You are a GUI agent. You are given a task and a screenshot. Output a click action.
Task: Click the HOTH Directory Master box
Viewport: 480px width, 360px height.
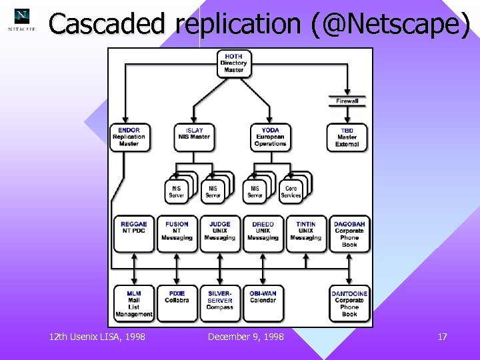(234, 63)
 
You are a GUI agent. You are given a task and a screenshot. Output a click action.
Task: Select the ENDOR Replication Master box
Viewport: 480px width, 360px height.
(129, 137)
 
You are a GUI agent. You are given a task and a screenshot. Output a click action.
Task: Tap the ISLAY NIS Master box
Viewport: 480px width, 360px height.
(194, 137)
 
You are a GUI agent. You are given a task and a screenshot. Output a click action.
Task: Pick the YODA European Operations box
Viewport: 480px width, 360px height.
(270, 137)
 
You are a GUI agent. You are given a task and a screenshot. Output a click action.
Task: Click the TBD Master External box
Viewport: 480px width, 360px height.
(347, 137)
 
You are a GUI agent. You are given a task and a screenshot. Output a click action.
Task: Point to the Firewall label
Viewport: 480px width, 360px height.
(347, 101)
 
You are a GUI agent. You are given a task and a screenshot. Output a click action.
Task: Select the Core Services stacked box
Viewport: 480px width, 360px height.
(291, 191)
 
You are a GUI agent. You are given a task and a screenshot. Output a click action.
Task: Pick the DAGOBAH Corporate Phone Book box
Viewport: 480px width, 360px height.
(349, 234)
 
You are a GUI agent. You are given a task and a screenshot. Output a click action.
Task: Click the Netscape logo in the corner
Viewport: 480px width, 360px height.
(22, 20)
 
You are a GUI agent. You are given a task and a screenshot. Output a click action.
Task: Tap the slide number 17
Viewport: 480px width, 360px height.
(442, 337)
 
